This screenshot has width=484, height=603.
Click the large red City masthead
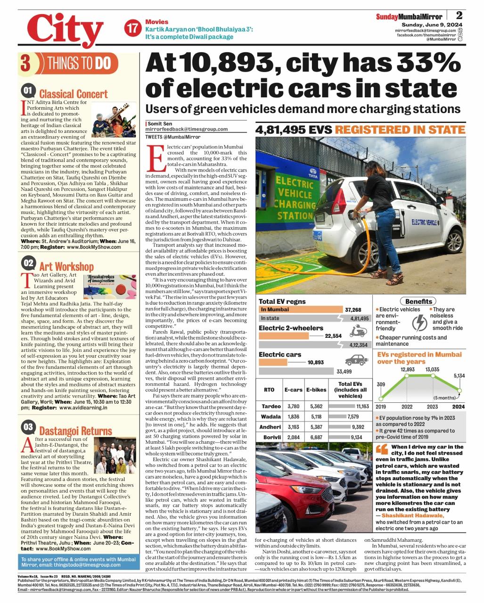pos(65,29)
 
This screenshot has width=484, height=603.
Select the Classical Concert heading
pos(73,94)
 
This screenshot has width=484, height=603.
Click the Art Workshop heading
pos(66,267)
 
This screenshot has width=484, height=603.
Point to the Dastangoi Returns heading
pos(75,431)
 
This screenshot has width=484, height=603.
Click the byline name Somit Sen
pos(158,123)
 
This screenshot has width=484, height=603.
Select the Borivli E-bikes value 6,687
pos(316,437)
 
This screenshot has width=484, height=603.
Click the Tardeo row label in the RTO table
pos(271,406)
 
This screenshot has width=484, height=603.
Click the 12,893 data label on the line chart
pos(408,369)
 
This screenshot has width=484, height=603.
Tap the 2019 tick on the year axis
pos(381,407)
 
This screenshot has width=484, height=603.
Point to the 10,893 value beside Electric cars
pos(315,362)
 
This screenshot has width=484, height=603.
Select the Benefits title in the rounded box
pos(418,301)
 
